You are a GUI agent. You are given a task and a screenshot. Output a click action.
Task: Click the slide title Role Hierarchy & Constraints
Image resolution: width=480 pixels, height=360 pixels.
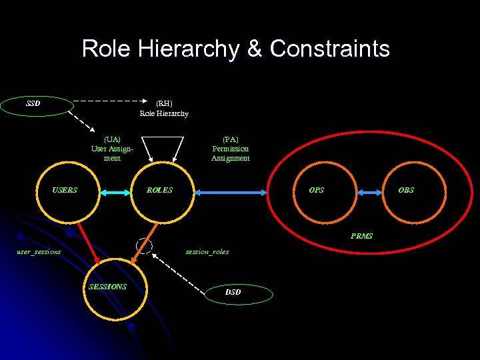click(x=235, y=49)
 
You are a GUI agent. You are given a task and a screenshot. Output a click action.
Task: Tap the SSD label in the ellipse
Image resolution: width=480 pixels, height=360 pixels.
click(x=33, y=103)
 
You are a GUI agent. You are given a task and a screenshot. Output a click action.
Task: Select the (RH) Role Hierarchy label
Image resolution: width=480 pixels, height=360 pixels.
click(x=164, y=108)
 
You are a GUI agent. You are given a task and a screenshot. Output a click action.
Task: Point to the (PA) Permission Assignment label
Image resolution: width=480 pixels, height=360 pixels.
click(x=231, y=149)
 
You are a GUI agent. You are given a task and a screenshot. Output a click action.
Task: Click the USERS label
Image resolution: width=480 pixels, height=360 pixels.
click(x=65, y=190)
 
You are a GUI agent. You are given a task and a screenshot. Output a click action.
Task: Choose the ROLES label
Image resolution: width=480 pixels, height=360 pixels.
click(x=159, y=190)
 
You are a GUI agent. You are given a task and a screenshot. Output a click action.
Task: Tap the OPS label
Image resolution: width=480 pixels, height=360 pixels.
click(x=317, y=190)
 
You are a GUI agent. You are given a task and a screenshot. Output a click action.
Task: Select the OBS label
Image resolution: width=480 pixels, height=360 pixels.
click(x=406, y=190)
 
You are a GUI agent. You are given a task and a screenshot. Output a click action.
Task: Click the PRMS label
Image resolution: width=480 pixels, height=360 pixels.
click(x=361, y=236)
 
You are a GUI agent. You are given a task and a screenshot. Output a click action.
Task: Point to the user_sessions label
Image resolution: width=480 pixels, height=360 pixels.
click(x=39, y=251)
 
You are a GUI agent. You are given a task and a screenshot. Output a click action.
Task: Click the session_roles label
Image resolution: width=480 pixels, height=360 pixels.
click(x=207, y=251)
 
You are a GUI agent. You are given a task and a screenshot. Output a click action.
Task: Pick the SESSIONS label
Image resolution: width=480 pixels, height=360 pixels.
click(x=107, y=287)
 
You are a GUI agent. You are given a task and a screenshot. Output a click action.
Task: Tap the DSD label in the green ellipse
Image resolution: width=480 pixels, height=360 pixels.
click(x=233, y=292)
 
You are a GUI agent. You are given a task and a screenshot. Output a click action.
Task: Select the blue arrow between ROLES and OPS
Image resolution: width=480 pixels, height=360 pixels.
click(x=233, y=192)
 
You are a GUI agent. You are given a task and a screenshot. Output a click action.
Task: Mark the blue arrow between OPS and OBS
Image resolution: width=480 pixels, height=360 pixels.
click(x=367, y=192)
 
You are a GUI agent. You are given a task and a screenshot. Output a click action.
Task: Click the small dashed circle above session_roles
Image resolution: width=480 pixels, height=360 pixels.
click(x=144, y=245)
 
